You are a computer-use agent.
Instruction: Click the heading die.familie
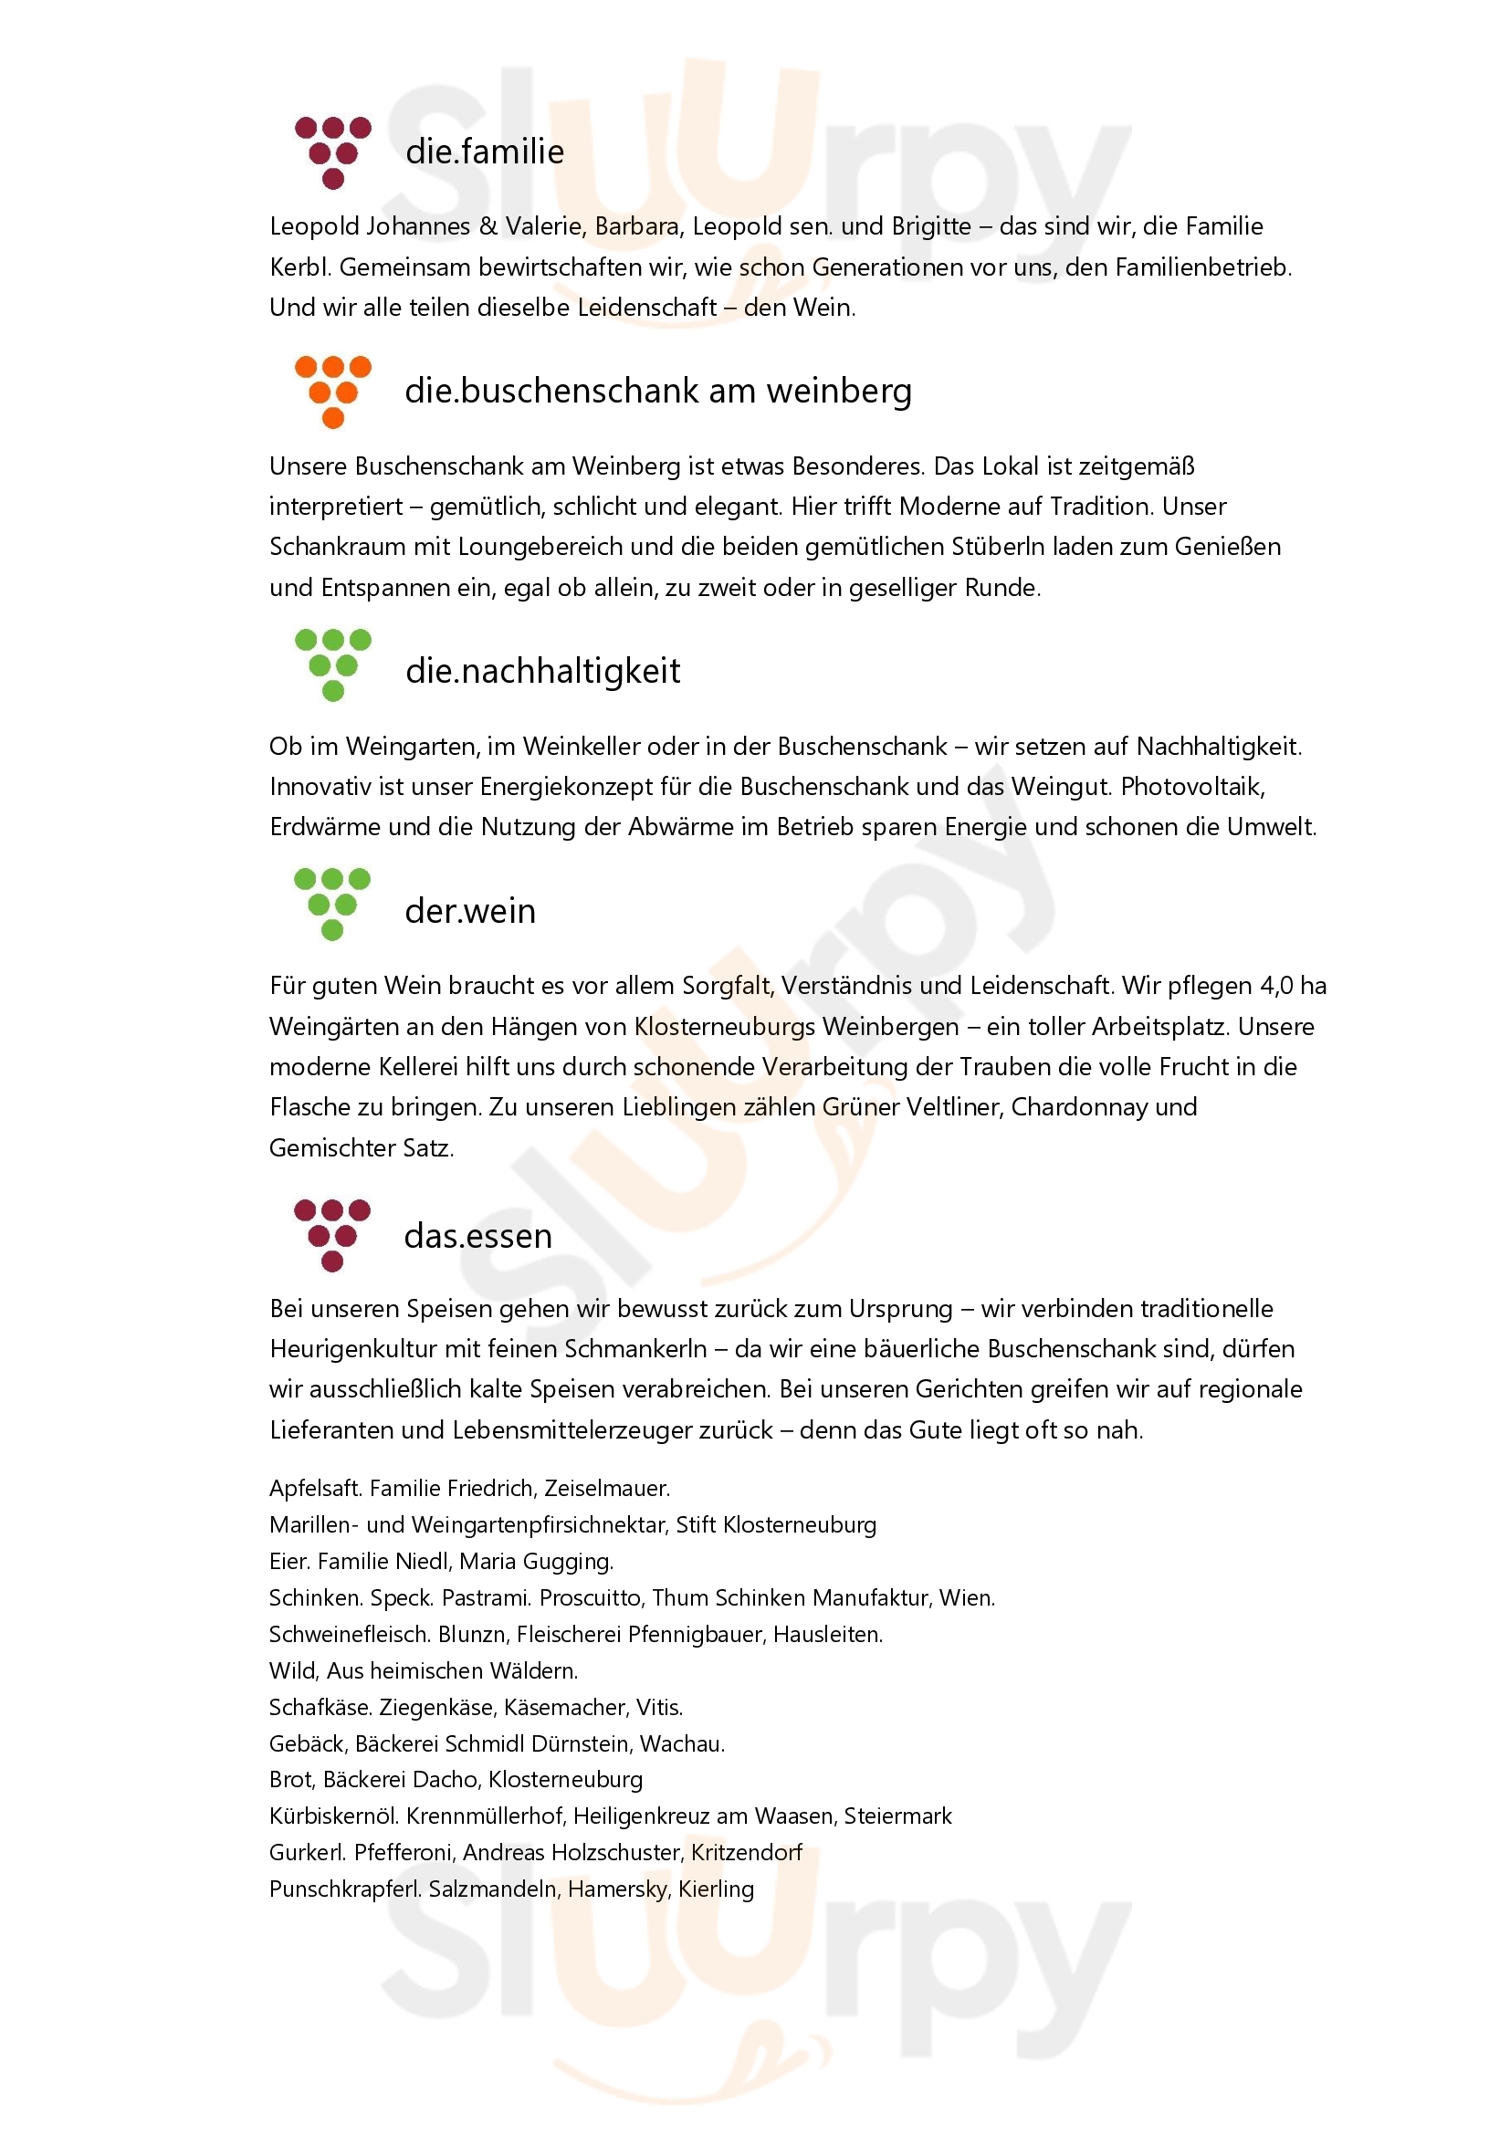click(x=485, y=152)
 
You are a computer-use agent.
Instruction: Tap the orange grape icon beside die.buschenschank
click(x=333, y=392)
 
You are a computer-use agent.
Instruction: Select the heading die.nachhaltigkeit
click(x=542, y=671)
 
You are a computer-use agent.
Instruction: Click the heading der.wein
click(x=469, y=910)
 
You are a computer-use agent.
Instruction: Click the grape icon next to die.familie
click(x=333, y=152)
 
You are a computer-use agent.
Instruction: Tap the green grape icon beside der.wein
click(x=332, y=904)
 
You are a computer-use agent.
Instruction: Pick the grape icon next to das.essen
click(x=332, y=1235)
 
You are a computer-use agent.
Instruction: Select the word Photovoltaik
click(x=1192, y=787)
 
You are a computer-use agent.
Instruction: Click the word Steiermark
click(x=897, y=1817)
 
